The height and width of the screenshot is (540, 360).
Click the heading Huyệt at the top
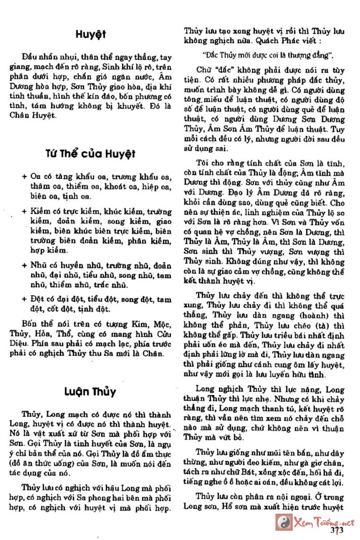(91, 34)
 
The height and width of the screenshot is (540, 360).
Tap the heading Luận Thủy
(91, 391)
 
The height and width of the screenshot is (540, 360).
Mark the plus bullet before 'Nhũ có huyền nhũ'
(24, 266)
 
